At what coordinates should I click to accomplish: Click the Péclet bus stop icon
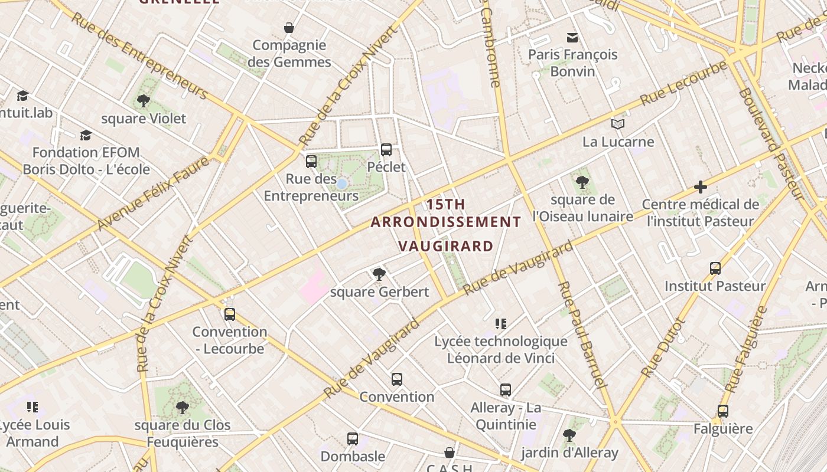[x=386, y=150]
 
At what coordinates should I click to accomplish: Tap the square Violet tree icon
[x=143, y=101]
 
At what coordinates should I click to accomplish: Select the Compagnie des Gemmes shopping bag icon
[x=289, y=28]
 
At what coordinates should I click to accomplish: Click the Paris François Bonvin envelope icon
[x=572, y=38]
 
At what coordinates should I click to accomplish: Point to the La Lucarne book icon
[x=618, y=124]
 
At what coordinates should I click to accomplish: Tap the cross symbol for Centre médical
[x=701, y=188]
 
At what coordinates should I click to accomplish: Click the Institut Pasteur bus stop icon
[x=715, y=268]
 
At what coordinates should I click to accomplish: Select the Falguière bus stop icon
[x=723, y=411]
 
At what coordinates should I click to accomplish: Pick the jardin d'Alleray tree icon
[x=569, y=435]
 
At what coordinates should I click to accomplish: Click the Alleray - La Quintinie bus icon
[x=505, y=390]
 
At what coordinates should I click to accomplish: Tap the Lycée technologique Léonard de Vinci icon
[x=501, y=323]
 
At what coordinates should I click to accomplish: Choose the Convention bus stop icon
[x=396, y=379]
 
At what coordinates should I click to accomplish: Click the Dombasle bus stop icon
[x=353, y=439]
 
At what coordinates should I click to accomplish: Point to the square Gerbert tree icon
[x=379, y=274]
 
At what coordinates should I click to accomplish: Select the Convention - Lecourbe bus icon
[x=230, y=314]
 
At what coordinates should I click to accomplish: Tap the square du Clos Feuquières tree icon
[x=183, y=407]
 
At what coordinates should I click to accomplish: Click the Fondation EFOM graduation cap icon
[x=86, y=135]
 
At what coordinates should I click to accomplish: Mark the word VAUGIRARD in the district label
[x=445, y=246]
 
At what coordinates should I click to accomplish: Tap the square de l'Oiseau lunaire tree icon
[x=582, y=182]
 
